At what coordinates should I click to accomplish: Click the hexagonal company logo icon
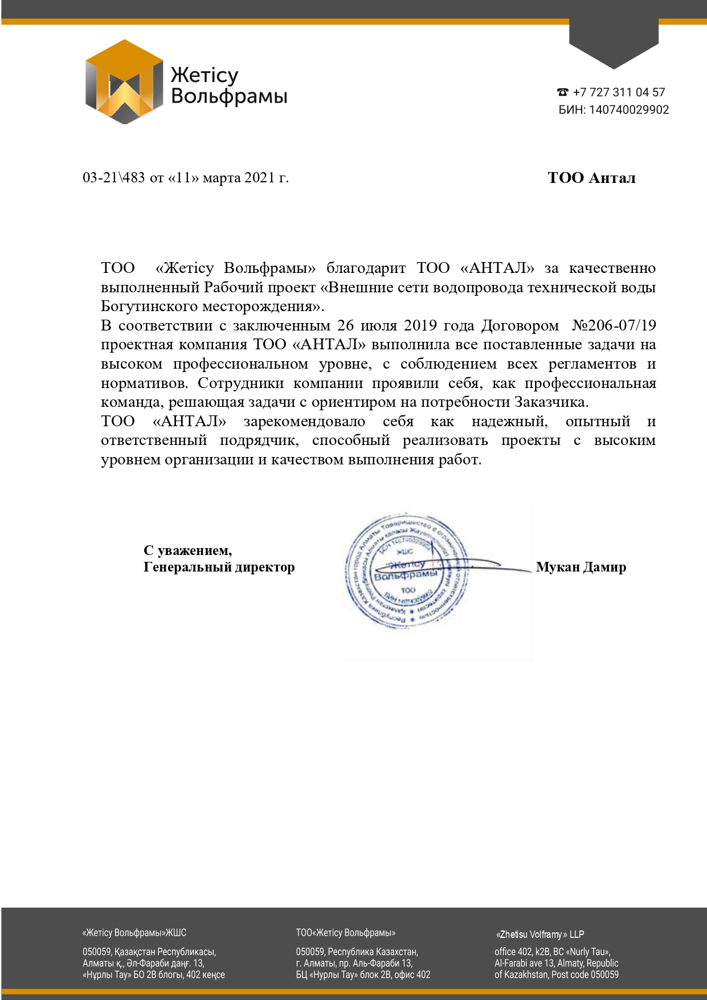124,82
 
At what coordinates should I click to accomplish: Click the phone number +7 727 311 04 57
619,92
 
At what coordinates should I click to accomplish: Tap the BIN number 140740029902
629,110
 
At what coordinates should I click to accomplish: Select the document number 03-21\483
114,178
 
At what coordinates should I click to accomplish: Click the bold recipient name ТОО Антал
591,178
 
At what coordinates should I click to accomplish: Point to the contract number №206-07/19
614,325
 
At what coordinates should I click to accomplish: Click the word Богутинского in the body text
149,307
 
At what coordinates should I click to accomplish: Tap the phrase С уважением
187,550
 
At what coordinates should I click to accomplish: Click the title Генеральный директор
219,567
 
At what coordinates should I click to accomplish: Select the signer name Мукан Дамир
581,567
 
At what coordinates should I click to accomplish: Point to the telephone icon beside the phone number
563,92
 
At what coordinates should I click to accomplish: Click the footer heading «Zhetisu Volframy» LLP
540,934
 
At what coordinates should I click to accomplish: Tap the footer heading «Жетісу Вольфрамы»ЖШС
134,933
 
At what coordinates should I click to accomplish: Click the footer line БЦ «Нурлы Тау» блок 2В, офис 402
363,974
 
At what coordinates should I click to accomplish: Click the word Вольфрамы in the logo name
229,96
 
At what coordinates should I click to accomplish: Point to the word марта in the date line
222,178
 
